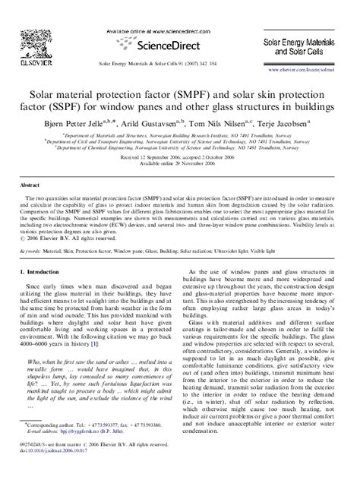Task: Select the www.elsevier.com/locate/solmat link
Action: click(317, 69)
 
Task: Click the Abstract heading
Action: click(30, 185)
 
